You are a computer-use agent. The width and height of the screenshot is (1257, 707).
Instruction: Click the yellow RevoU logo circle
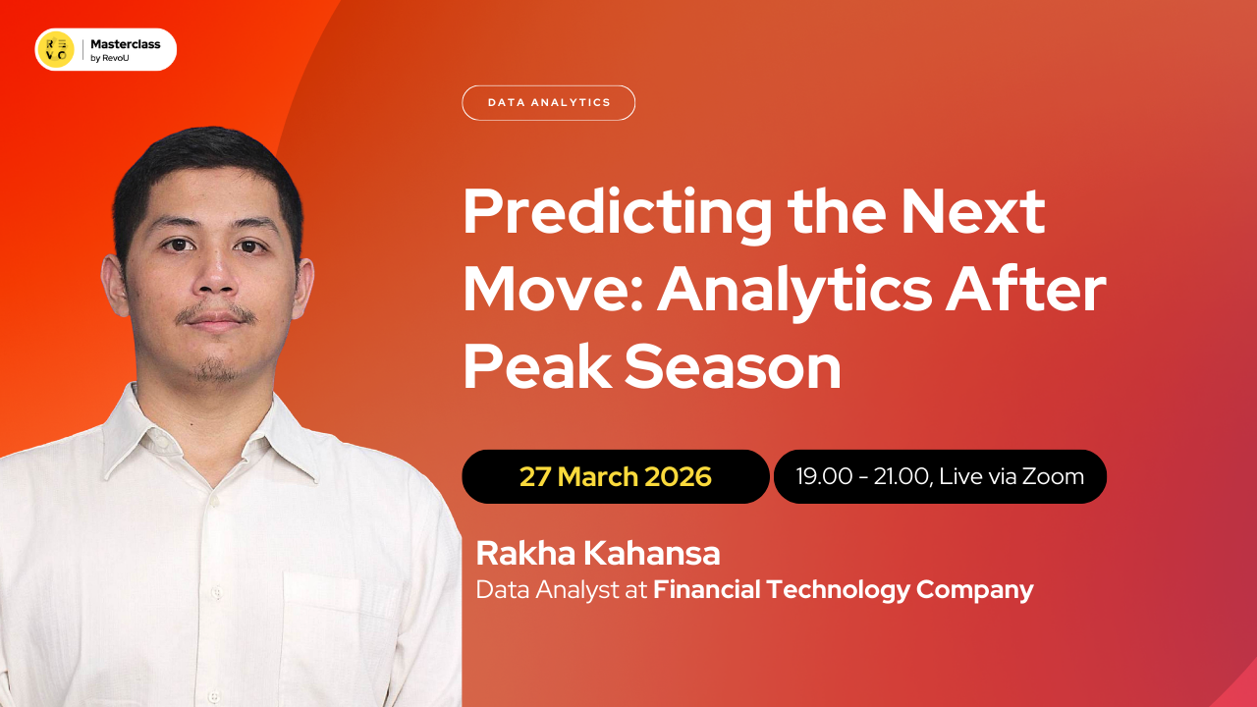56,49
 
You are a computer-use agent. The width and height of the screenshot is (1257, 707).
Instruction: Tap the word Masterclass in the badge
126,44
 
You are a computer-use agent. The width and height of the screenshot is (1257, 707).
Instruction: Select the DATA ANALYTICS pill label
548,102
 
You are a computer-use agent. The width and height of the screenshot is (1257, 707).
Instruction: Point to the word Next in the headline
973,213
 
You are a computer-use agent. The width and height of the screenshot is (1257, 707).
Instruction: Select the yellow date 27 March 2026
615,477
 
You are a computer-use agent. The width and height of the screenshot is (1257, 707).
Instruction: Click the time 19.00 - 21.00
861,477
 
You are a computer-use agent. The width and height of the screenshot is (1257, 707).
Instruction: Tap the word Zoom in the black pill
1053,477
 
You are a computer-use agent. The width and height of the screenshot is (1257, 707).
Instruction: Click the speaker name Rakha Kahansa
597,553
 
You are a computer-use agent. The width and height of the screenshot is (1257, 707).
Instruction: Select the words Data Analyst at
562,590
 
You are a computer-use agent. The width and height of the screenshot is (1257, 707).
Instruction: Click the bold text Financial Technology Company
843,590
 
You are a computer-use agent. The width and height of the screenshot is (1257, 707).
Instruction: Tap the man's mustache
216,316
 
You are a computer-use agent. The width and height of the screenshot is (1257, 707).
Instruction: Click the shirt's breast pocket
339,619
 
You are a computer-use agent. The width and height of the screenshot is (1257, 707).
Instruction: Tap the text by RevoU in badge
109,58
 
